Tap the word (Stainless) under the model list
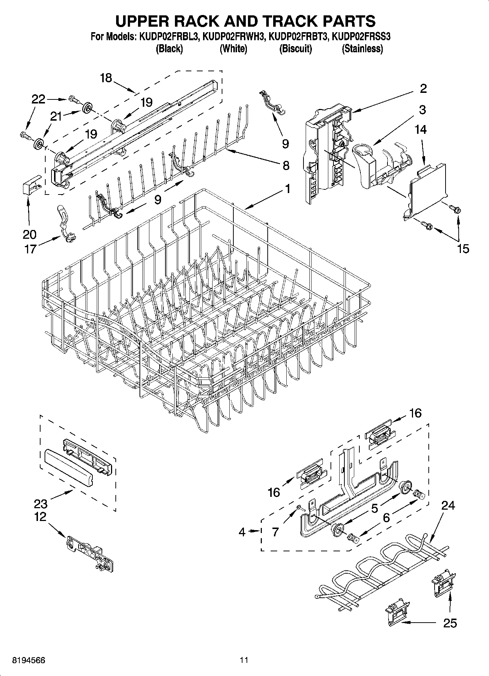tap(362, 49)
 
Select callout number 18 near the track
tap(106, 78)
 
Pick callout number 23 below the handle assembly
tap(41, 504)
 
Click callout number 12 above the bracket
tap(41, 517)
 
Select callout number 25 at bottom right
tap(450, 623)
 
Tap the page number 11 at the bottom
tap(244, 660)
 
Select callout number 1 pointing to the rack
tap(287, 189)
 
